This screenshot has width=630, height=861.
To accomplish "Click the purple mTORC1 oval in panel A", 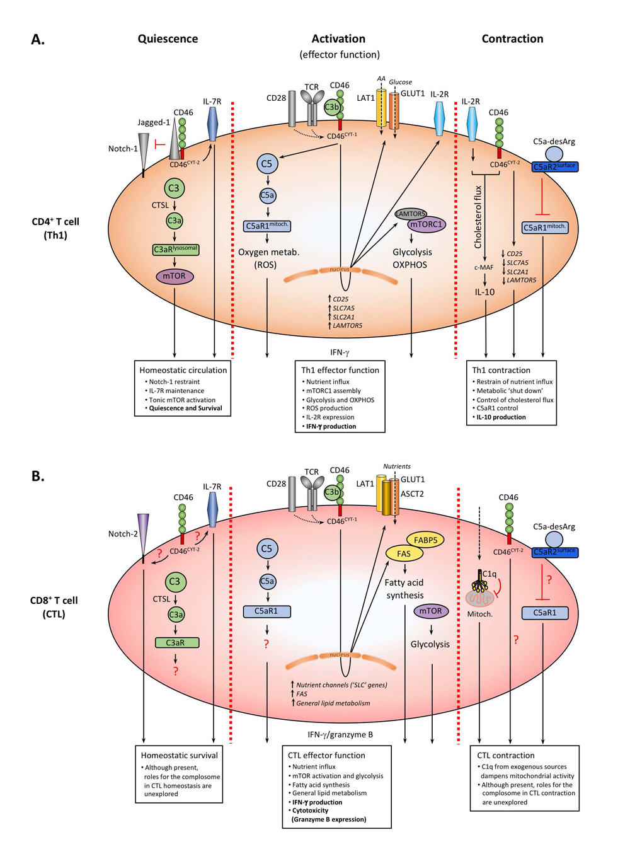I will [427, 224].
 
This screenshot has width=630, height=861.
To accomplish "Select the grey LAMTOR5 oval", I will [410, 214].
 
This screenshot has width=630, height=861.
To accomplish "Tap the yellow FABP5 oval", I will [426, 540].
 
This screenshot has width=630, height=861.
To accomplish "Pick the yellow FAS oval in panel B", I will [404, 553].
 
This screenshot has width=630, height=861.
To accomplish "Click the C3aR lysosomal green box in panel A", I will [176, 250].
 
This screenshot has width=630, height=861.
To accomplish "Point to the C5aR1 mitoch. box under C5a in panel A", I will [267, 226].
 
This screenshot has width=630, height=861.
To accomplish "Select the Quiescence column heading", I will [168, 38].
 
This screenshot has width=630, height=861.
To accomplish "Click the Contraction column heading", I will [512, 38].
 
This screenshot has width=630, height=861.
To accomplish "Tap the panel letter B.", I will [38, 476].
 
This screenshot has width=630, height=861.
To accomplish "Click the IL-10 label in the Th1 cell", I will [484, 292].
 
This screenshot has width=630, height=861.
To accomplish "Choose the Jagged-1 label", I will [154, 122].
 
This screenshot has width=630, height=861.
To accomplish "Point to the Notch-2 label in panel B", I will [123, 533].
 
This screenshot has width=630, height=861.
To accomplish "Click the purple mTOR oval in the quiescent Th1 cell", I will [175, 276].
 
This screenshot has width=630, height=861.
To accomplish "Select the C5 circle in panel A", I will [266, 164].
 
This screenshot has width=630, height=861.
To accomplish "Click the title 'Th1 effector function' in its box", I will [340, 370].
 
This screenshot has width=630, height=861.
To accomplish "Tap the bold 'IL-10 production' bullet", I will [501, 417].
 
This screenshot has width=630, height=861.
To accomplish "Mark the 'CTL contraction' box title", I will [506, 755].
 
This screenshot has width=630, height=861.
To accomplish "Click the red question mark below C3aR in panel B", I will [176, 671].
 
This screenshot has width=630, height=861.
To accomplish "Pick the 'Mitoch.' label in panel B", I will [480, 613].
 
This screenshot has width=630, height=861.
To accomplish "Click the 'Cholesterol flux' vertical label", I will [478, 216].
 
